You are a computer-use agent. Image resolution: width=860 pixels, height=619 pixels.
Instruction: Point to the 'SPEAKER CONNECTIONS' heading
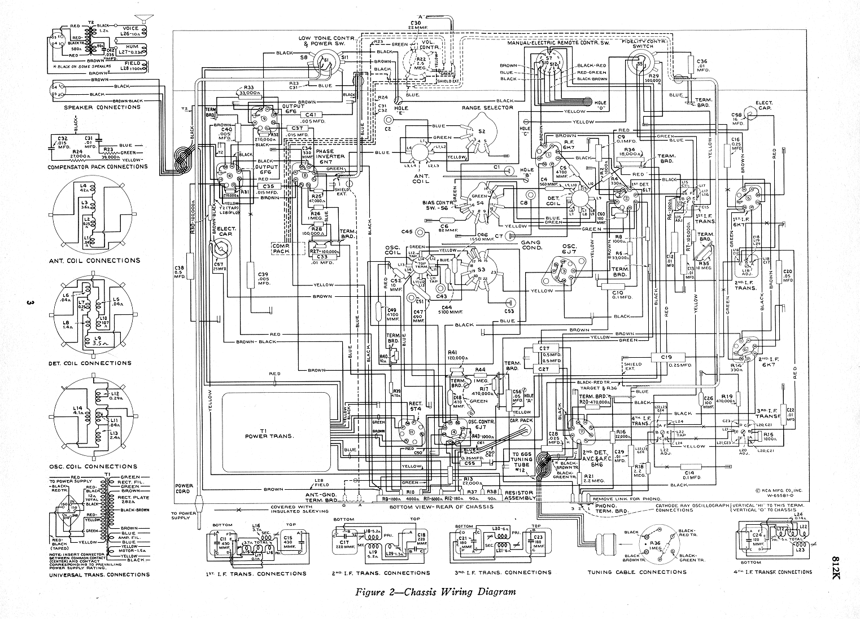[102, 107]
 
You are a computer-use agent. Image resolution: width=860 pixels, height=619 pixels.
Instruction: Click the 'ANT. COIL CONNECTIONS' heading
[94, 261]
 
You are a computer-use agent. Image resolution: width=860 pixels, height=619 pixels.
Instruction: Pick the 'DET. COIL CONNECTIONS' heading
[94, 363]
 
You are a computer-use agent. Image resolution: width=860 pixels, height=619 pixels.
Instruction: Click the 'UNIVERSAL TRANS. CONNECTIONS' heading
[99, 575]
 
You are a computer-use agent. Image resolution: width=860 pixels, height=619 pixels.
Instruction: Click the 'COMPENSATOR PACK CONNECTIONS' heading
[98, 166]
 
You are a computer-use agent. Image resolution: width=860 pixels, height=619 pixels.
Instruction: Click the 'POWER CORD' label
[184, 489]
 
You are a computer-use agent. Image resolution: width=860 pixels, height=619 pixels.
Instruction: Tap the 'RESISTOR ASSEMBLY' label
[519, 495]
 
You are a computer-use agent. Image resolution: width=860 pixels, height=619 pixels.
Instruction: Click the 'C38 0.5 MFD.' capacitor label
[180, 272]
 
